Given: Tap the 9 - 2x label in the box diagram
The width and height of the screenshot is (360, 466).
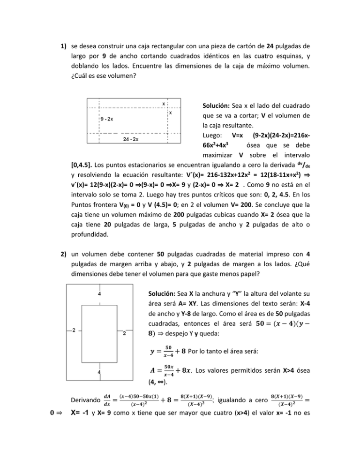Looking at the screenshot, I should coord(109,119).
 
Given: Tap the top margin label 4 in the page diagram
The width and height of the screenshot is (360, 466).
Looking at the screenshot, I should coord(99,294).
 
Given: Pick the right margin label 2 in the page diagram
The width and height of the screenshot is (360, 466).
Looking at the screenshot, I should coord(124,334).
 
